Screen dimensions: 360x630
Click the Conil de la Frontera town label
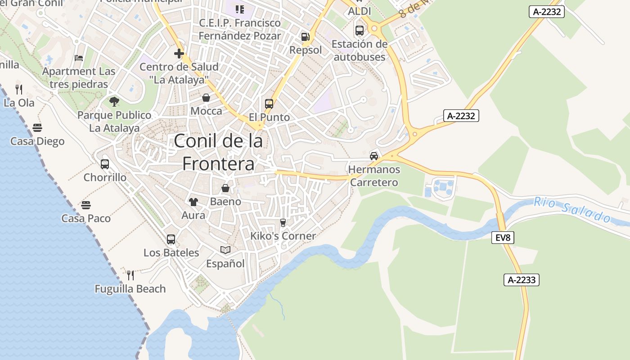218,152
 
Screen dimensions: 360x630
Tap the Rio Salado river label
572,210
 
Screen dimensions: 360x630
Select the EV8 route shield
502,238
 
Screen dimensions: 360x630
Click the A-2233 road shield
521,280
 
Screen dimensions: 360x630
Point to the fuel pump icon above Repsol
306,37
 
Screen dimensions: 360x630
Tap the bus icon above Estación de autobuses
359,31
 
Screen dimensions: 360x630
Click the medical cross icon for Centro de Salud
179,54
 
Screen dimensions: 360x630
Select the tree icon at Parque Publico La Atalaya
114,102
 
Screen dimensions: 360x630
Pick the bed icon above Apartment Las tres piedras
79,58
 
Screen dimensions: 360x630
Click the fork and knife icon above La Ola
19,89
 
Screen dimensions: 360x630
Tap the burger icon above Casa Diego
37,128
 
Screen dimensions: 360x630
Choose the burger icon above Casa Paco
86,205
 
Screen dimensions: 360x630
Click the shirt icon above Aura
193,202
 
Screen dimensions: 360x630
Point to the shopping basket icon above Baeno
225,188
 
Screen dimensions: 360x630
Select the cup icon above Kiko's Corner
283,222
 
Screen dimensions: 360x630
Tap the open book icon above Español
225,250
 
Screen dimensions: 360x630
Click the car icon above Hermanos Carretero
373,156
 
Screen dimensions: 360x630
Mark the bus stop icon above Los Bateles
171,239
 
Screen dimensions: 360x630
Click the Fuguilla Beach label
130,289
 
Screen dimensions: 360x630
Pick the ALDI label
360,11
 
